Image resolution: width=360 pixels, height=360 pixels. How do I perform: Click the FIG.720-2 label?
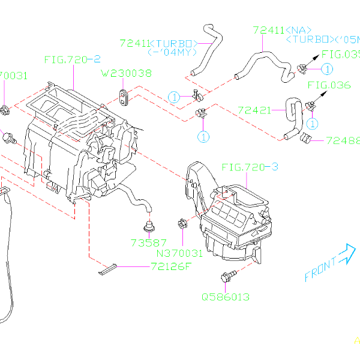tap(71, 60)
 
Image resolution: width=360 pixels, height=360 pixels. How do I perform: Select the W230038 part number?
tap(125, 74)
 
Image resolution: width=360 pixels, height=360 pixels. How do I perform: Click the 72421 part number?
tap(256, 110)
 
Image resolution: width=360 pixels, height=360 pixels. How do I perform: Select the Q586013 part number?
tap(226, 296)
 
